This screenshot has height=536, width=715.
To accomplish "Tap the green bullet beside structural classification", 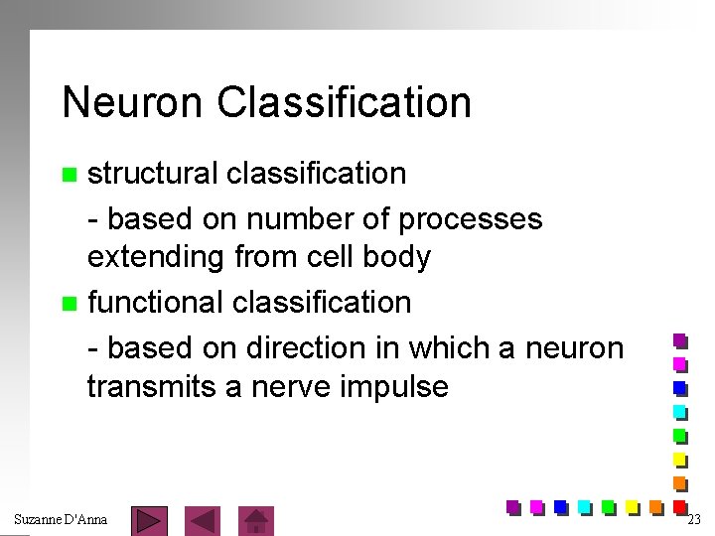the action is pyautogui.click(x=69, y=176).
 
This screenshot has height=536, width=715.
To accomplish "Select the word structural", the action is pyautogui.click(x=153, y=174).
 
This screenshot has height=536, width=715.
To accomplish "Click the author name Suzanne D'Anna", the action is pyautogui.click(x=61, y=519).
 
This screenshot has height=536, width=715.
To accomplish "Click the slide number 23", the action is pyautogui.click(x=693, y=519).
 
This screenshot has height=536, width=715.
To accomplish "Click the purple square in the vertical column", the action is pyautogui.click(x=680, y=340).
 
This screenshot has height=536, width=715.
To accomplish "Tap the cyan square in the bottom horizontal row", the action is pyautogui.click(x=584, y=506).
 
